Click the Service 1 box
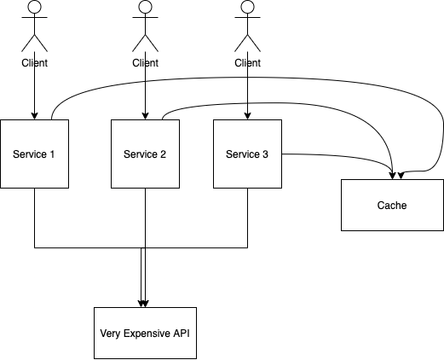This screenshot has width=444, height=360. click(34, 154)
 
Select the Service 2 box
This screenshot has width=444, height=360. click(145, 154)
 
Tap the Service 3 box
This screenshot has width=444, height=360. click(247, 154)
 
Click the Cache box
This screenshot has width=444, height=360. click(392, 205)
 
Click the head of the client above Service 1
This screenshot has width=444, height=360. click(35, 8)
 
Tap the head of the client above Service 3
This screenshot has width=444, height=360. click(248, 8)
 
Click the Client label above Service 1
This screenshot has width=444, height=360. click(35, 62)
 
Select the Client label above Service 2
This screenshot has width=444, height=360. click(146, 62)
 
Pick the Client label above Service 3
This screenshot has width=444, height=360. click(248, 62)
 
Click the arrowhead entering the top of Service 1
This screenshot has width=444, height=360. click(35, 115)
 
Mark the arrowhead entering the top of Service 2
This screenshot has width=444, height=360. click(146, 115)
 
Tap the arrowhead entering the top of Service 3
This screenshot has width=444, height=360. click(248, 115)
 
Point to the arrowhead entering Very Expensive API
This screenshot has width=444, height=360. click(144, 303)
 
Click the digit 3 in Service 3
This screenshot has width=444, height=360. click(265, 154)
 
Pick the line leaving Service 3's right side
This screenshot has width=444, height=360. click(315, 154)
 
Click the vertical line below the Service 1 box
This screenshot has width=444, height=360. click(35, 218)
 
